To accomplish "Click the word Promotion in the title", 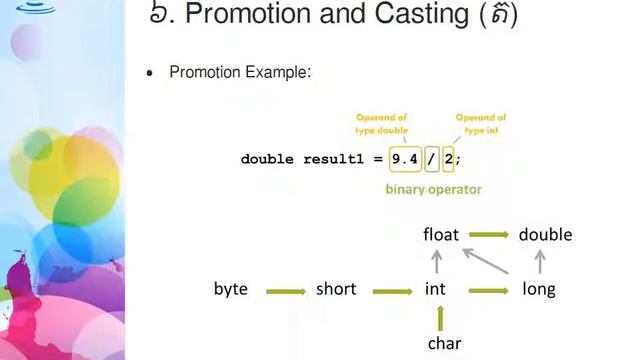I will (240, 15).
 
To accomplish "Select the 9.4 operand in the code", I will (404, 159).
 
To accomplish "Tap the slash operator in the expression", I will (431, 159).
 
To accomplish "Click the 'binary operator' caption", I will (434, 189).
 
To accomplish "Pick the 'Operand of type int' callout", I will (481, 123).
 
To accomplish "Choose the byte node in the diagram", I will (231, 289).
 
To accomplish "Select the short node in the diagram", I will (336, 289).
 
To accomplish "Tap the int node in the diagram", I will (435, 289).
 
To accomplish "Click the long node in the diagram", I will (539, 289).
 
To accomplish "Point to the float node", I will (441, 234).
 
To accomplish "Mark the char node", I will (444, 343).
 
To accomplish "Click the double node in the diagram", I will (545, 234).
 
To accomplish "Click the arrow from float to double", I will (489, 235).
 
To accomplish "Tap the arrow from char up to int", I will (441, 318).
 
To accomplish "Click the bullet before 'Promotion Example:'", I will (150, 74).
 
